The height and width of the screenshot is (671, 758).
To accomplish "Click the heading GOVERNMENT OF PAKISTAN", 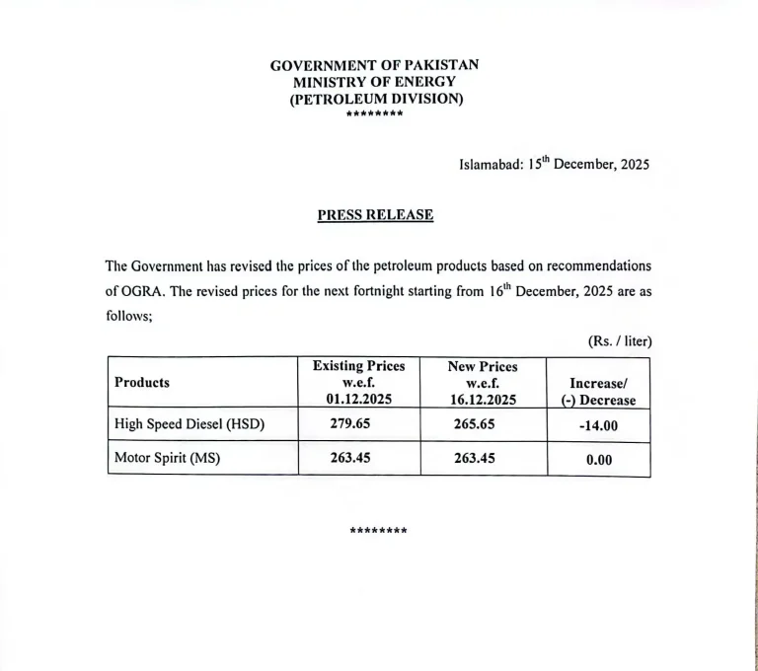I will point(375,65).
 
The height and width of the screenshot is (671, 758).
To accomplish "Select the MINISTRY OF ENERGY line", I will point(375,82).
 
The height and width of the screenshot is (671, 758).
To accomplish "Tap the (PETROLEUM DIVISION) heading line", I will point(375,99).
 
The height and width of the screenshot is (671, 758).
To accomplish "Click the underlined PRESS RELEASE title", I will point(375,214).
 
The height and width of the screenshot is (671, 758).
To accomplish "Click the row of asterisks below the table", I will point(378,531).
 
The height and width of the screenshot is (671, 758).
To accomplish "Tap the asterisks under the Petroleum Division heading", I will point(375,114).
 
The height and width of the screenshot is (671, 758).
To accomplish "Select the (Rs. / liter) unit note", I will point(620,341).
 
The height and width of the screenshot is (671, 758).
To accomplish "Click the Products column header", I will point(142,382).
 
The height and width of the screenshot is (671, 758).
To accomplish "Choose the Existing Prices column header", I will point(358,382).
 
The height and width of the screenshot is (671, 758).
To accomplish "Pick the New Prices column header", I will point(483,382).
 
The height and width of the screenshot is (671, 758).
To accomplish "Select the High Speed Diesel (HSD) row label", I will point(189,424).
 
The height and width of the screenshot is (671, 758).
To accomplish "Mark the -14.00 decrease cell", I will point(598,425).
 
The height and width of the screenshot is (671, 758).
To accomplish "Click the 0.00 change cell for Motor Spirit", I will point(598,460).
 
